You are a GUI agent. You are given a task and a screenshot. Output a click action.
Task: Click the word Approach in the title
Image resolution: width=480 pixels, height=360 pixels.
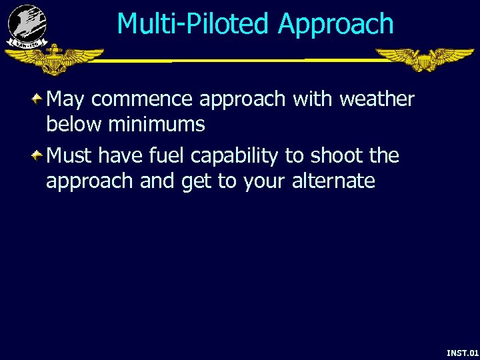click(x=336, y=25)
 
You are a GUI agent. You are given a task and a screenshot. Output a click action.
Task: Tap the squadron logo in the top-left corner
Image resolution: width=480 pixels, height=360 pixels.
click(x=27, y=25)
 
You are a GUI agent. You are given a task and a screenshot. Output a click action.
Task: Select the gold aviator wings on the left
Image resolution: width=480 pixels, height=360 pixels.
click(x=53, y=59)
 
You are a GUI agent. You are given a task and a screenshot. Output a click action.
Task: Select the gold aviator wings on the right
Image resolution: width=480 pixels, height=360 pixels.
click(x=425, y=59)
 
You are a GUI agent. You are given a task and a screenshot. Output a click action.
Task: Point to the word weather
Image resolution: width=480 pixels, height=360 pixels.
click(x=377, y=99)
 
